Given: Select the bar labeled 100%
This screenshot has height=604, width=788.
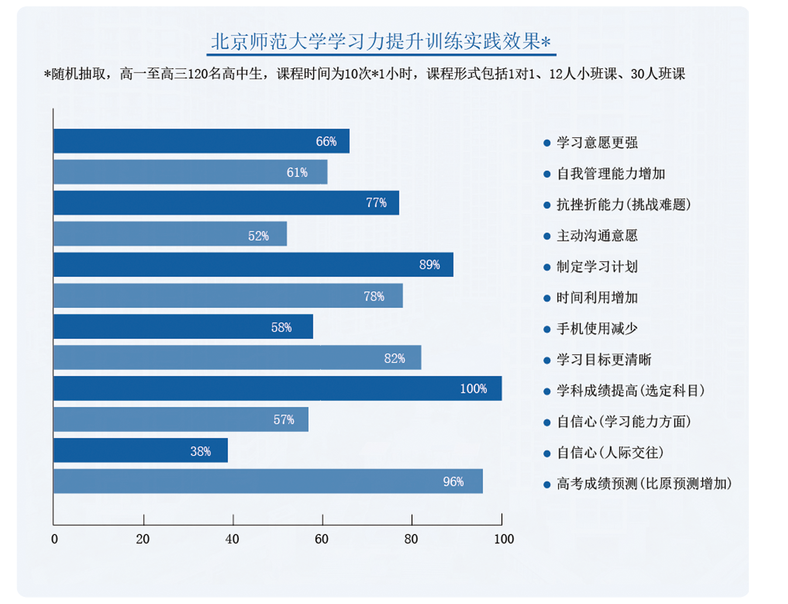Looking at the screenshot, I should point(277,388).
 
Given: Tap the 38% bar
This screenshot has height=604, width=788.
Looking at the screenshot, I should point(140,450).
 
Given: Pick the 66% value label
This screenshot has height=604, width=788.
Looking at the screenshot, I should point(326,141).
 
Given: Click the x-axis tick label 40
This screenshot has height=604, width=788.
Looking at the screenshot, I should point(232,539).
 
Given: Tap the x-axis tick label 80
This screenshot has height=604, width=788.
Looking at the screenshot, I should point(411,539).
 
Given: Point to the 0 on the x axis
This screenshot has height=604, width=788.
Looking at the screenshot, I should point(54,539).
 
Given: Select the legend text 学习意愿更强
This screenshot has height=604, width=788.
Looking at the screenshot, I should point(597,143).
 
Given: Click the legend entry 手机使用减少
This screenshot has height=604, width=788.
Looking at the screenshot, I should point(597,329).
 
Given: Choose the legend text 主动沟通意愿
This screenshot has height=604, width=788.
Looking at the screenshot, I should point(597,236).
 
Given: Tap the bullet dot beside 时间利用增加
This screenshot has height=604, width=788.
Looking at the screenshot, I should point(547,298).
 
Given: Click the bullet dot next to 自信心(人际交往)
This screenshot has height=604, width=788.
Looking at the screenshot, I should point(547,453).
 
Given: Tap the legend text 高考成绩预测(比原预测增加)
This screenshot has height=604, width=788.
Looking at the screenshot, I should point(644,484).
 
